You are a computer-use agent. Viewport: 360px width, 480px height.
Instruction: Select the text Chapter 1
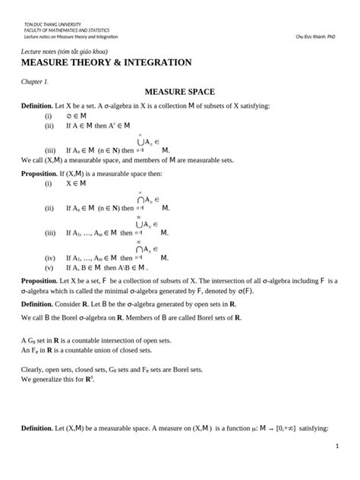coord(35,80)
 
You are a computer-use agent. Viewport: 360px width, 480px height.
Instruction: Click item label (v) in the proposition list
coord(49,268)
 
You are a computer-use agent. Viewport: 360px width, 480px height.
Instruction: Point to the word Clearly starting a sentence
coord(33,369)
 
